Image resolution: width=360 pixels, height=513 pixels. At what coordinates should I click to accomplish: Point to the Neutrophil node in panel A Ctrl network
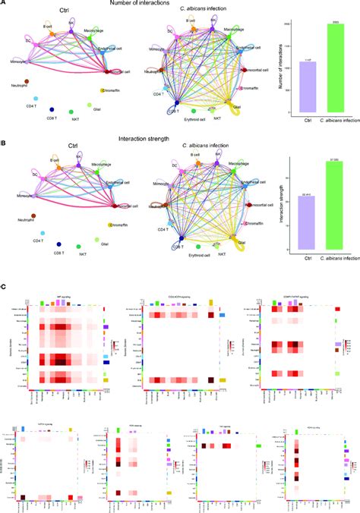tap(28, 80)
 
